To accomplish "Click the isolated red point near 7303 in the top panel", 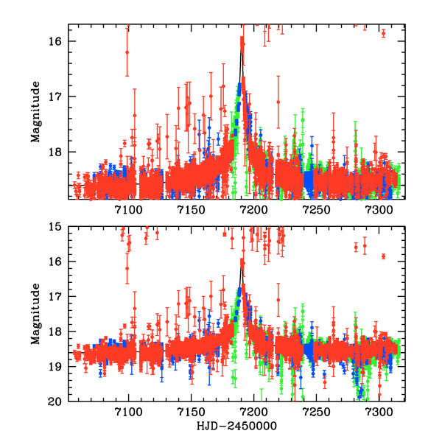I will click(x=383, y=33).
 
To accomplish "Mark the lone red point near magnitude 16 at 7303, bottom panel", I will click(x=383, y=256).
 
